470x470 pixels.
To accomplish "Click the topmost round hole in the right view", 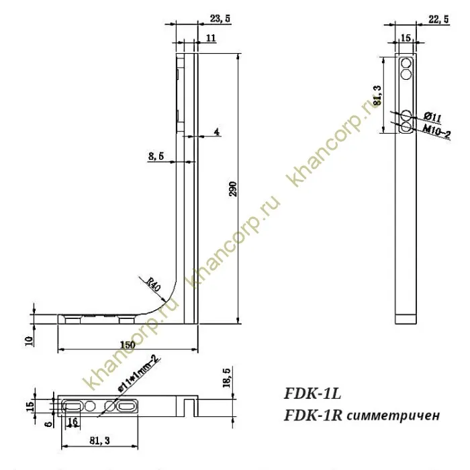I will click(406, 63).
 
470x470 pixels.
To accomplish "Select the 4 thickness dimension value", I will click(217, 132).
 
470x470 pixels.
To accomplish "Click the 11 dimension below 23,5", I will click(211, 40).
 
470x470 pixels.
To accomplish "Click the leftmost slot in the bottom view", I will click(73, 406).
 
